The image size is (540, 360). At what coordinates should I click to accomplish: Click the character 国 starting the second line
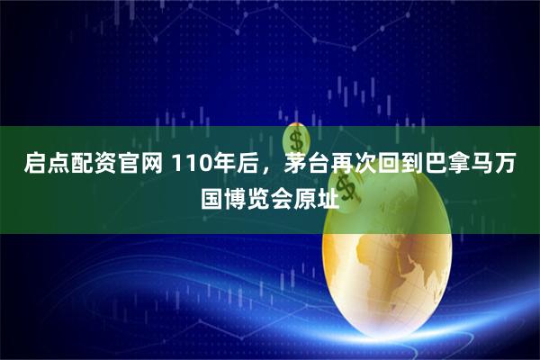coord(216,194)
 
